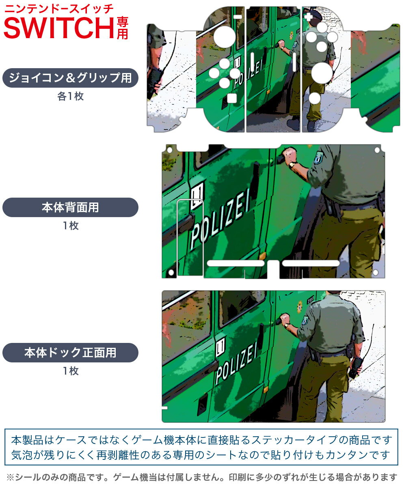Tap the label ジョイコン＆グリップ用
pos(70,78)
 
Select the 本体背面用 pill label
pos(70,207)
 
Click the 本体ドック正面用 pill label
pos(70,353)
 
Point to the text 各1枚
pos(70,97)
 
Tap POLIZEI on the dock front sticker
pos(237,362)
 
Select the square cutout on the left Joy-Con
pos(232,98)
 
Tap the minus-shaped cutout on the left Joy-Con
pos(238,17)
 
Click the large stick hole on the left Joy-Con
pos(225,37)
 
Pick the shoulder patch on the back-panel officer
pos(319,157)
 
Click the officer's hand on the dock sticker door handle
pos(285,318)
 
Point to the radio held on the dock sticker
pos(356,367)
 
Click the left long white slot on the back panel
pos(235,263)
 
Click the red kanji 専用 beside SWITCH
pos(122,28)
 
